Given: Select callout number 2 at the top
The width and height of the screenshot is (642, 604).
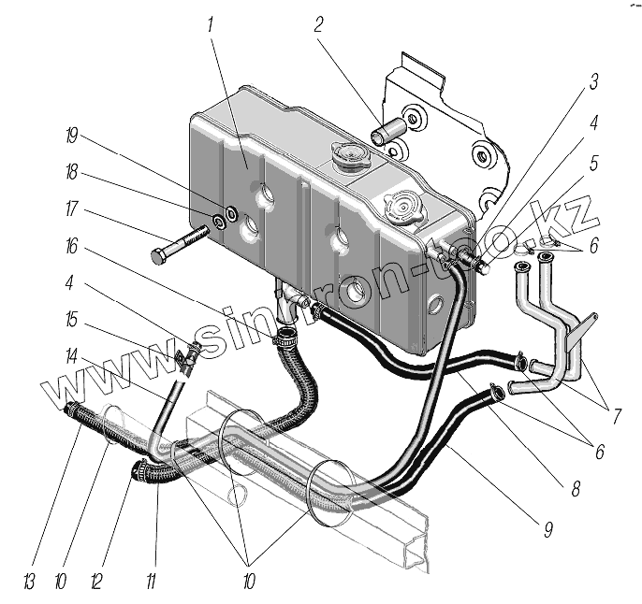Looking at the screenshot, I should [x=318, y=24].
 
